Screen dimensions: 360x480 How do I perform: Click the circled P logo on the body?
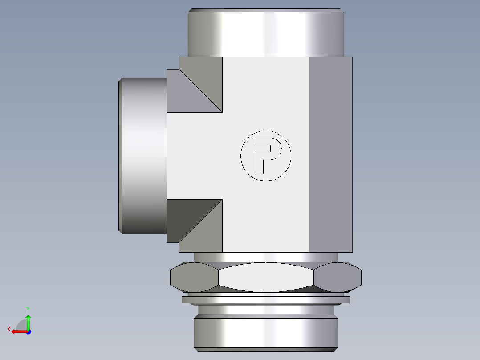(x=266, y=156)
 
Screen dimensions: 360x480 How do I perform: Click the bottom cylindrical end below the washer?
(x=266, y=332)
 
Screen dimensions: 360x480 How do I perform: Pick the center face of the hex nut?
(x=266, y=277)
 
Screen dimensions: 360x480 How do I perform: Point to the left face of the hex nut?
(x=194, y=277)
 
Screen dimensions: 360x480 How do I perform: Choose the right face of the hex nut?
(x=338, y=277)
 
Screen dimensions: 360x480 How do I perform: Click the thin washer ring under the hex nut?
(x=266, y=300)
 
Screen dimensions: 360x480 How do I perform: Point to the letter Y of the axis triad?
(x=28, y=309)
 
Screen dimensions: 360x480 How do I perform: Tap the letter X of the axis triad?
(x=9, y=329)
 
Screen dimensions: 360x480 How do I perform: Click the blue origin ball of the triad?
(x=28, y=331)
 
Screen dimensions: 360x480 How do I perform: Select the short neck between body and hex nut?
(x=266, y=258)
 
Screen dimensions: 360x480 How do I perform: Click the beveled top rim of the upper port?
(x=266, y=10)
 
